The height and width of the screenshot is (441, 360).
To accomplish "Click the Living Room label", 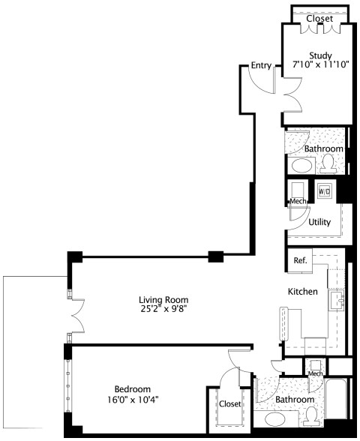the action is (163, 300).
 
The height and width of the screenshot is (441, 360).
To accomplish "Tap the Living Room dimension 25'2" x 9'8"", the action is (163, 309).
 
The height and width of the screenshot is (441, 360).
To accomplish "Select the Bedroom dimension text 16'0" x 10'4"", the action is (133, 399).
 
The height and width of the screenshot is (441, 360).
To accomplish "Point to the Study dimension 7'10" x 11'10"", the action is (321, 64).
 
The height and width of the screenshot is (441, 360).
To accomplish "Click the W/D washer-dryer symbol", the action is (324, 191).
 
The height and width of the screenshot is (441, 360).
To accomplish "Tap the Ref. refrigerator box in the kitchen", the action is (300, 260).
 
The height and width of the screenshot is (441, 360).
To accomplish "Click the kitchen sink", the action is (337, 301).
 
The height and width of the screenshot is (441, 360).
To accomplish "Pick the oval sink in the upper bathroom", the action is (301, 166).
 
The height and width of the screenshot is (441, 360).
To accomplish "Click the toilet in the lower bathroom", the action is (311, 416).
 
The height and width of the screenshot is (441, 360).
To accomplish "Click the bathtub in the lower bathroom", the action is (336, 399).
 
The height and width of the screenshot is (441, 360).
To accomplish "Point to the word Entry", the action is (261, 65).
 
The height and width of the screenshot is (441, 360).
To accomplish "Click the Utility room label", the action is (319, 222).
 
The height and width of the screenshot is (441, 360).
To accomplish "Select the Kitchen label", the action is (303, 291).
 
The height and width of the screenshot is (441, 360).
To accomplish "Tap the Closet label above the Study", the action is (319, 19).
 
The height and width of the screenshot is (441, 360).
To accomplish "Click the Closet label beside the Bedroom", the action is (229, 403).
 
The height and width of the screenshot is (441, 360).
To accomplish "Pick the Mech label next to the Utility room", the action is (298, 201).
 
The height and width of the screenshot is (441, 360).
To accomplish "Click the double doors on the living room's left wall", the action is (78, 316).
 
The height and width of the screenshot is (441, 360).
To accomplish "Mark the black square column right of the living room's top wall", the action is (216, 256).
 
